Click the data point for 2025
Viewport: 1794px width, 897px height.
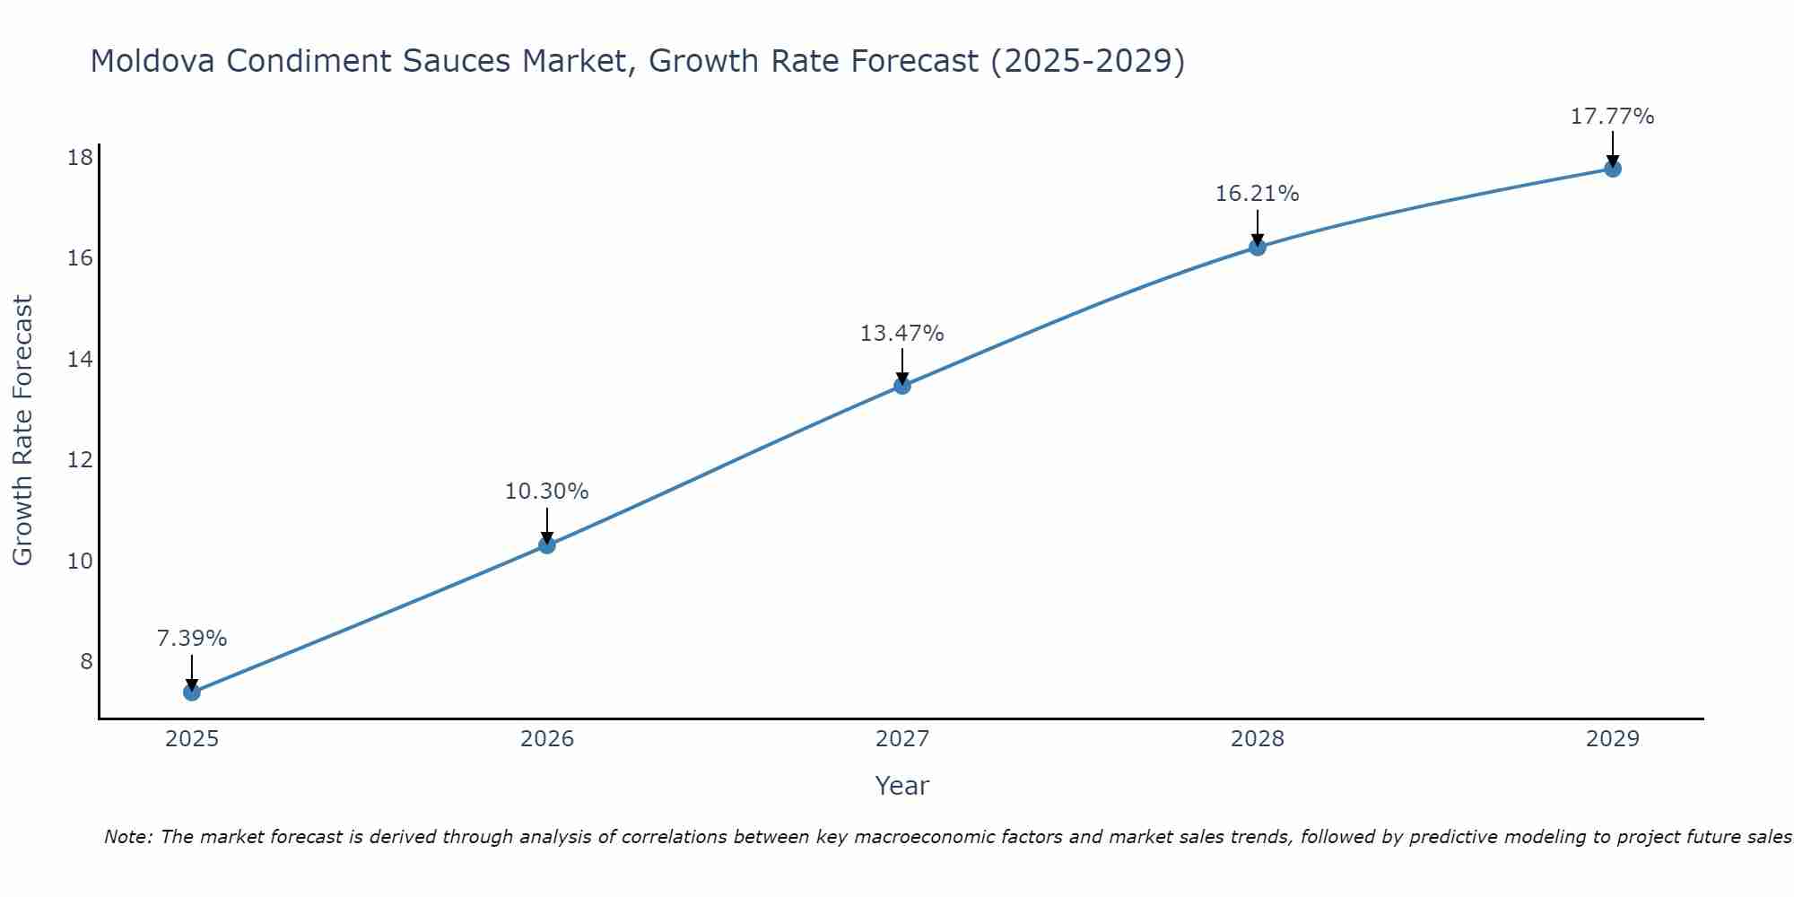tap(191, 692)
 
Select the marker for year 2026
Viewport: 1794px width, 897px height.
tap(546, 544)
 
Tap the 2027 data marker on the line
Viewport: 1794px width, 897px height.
tap(901, 386)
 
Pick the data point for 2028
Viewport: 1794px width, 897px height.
tap(1257, 247)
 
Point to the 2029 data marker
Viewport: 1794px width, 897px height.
tap(1612, 169)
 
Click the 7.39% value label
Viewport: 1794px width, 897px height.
tap(191, 639)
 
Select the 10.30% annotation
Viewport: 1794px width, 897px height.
tap(546, 492)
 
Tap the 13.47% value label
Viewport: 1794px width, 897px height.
tap(901, 334)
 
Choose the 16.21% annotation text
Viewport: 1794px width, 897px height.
tap(1257, 194)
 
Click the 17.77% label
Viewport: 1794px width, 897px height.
tap(1612, 117)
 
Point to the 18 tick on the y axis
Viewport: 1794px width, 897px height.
tap(80, 158)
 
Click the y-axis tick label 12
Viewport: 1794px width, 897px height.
tap(80, 460)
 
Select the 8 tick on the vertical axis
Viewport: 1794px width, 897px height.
tap(86, 661)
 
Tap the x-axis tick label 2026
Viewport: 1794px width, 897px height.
tap(546, 739)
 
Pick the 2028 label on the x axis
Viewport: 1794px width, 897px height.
tap(1257, 739)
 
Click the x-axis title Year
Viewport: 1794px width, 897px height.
tap(901, 786)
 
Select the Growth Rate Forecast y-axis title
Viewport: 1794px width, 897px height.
tap(22, 431)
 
